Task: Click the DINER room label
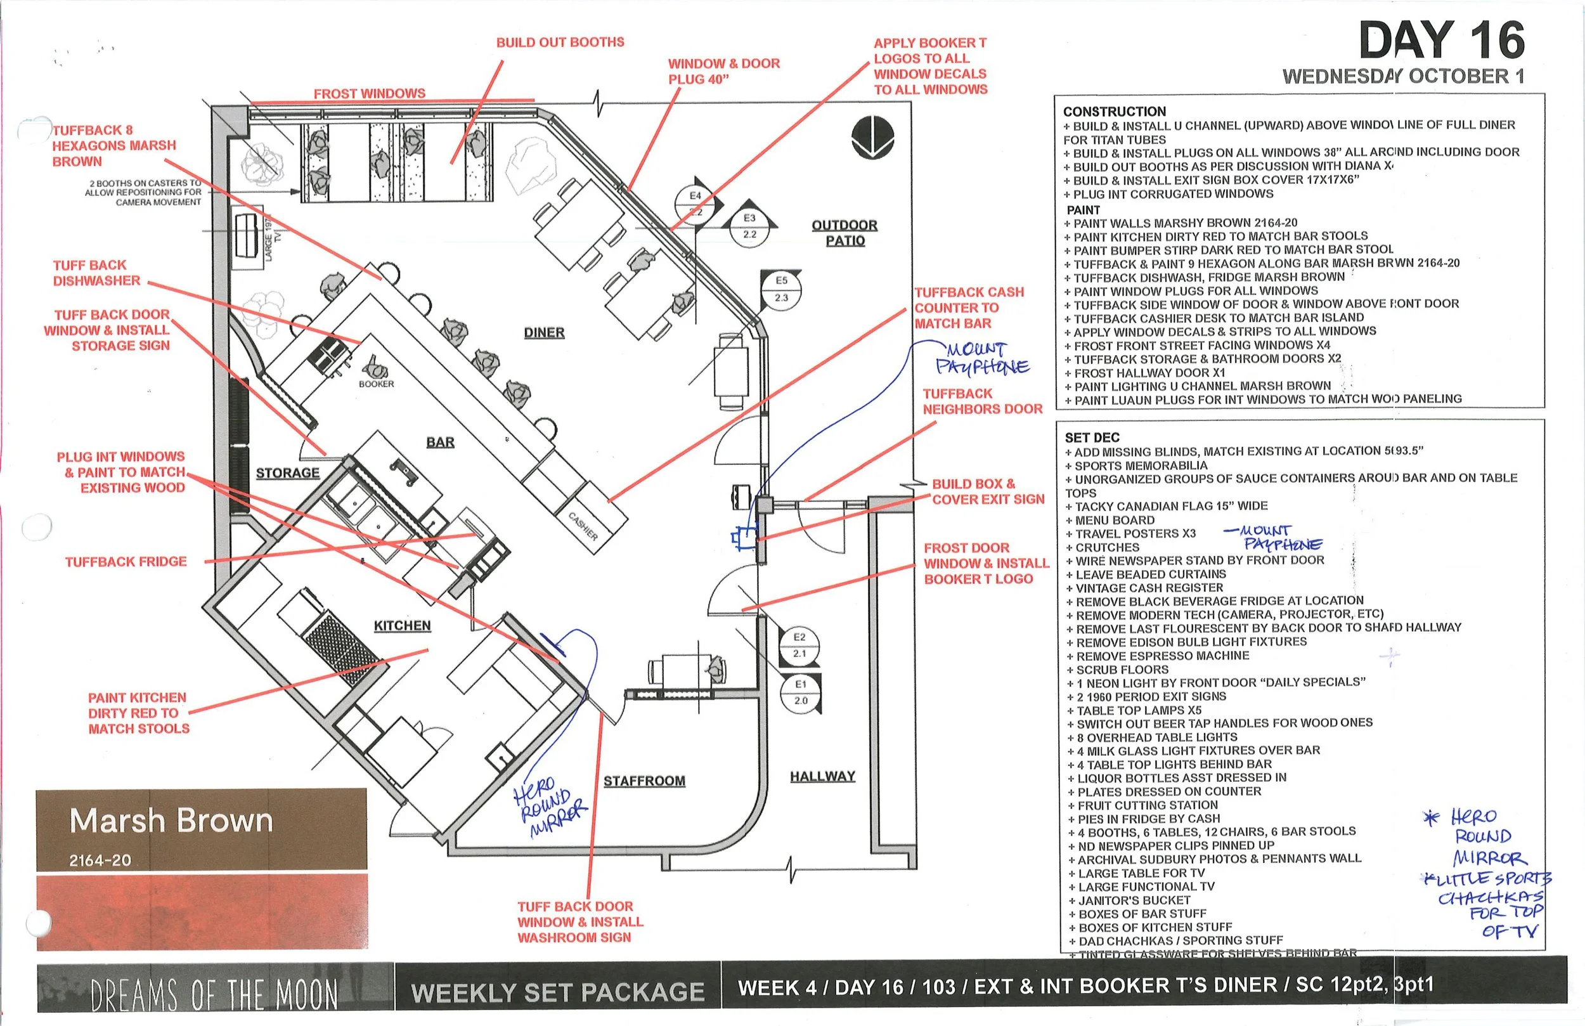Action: (x=544, y=332)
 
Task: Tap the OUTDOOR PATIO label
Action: (x=844, y=233)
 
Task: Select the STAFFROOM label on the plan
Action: (x=644, y=781)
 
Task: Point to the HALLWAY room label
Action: (x=822, y=776)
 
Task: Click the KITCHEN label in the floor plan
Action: (x=402, y=626)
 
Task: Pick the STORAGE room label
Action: (x=288, y=473)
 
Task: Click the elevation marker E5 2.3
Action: (x=781, y=289)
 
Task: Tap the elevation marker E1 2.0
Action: (x=801, y=692)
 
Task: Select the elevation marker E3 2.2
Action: (x=750, y=226)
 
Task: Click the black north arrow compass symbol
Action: (x=872, y=136)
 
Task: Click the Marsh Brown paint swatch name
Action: (x=171, y=821)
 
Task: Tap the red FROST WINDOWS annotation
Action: (x=370, y=94)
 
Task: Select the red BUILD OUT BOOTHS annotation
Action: (x=560, y=42)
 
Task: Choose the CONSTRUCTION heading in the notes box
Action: (x=1114, y=111)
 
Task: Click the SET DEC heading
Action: (x=1092, y=438)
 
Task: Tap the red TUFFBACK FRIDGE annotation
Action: (x=126, y=562)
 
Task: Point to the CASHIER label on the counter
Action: (x=583, y=526)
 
